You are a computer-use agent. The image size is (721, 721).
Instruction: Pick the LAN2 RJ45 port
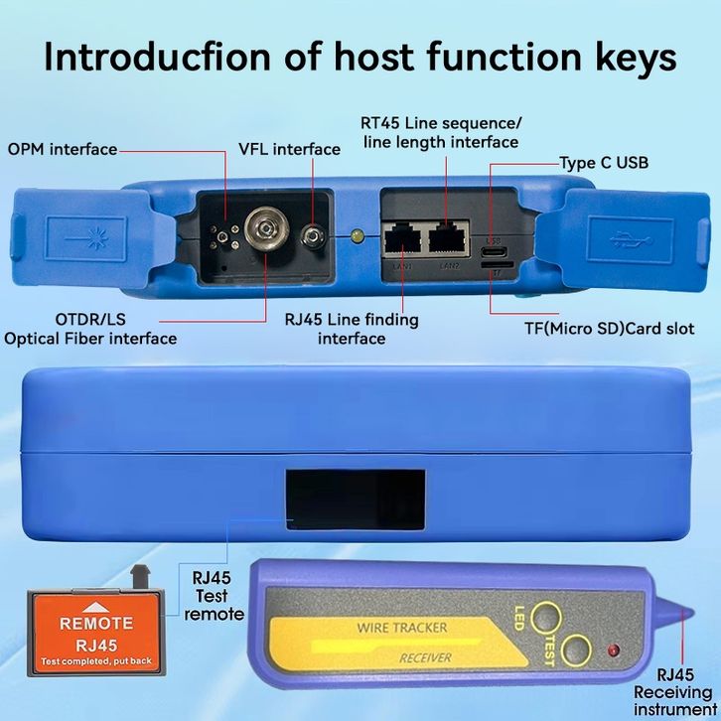pyautogui.click(x=449, y=238)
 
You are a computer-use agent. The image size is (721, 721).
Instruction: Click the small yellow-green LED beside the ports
pyautogui.click(x=358, y=236)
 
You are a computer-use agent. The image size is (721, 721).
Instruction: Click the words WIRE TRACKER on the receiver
pyautogui.click(x=401, y=628)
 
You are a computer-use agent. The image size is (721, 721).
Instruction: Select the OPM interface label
pyautogui.click(x=63, y=150)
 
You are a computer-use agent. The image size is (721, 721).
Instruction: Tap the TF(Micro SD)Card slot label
pyautogui.click(x=609, y=329)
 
